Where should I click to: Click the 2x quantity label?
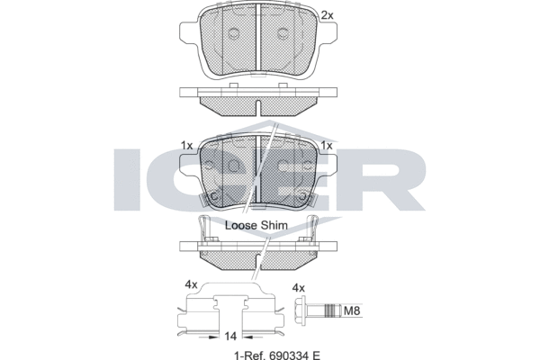327,15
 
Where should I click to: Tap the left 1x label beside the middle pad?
186,146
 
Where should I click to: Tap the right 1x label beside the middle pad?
327,146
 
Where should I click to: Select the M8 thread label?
354,311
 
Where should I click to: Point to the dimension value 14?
232,335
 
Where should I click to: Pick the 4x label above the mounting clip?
191,285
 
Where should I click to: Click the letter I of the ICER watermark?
125,180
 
